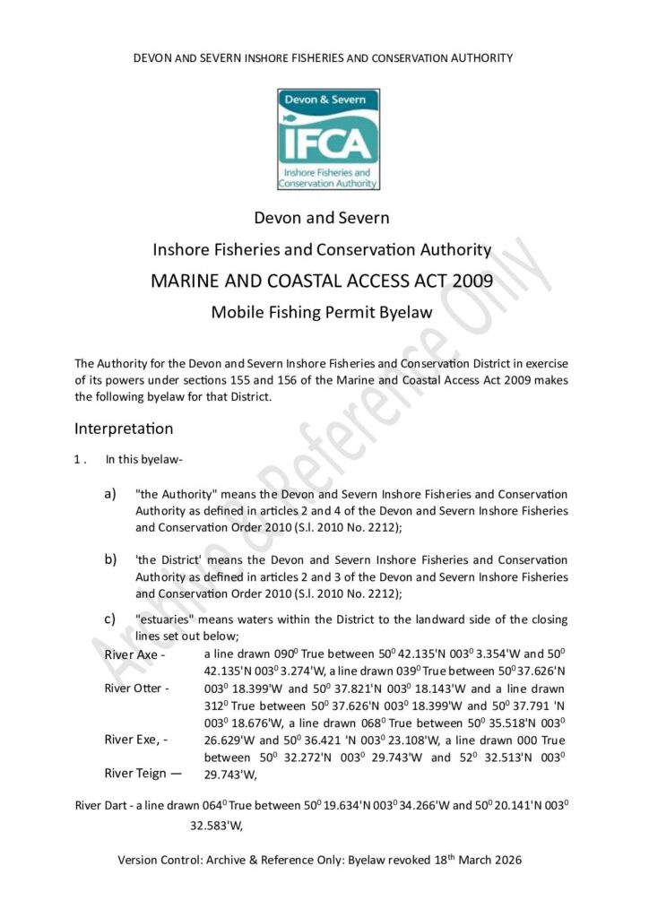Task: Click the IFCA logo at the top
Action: (327, 138)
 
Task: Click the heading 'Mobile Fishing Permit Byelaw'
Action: (322, 313)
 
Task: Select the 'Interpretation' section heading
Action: (124, 429)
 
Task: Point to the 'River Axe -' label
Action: (136, 654)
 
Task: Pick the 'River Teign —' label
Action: (143, 773)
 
